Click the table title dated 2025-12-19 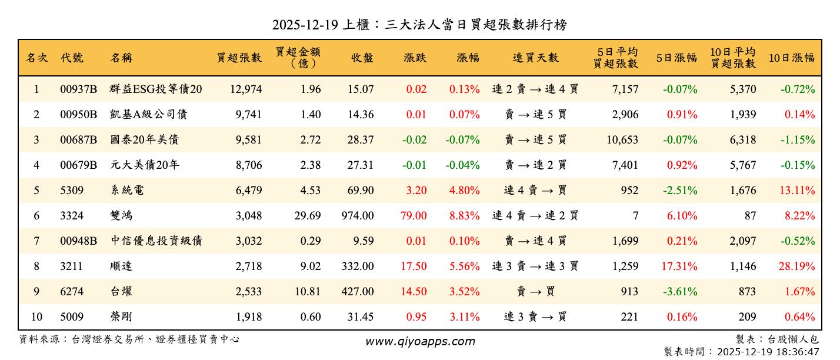point(419,24)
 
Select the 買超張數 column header point(239,58)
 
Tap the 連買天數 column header point(535,58)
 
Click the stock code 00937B point(78,89)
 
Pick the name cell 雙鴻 point(121,216)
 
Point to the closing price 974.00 point(357,216)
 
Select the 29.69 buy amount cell point(308,216)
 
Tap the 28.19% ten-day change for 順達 point(797,266)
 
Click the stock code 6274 point(72,292)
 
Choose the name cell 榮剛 point(121,317)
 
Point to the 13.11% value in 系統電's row point(797,191)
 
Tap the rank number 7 point(36,241)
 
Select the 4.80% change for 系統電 point(464,191)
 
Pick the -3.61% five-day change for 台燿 point(680,292)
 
